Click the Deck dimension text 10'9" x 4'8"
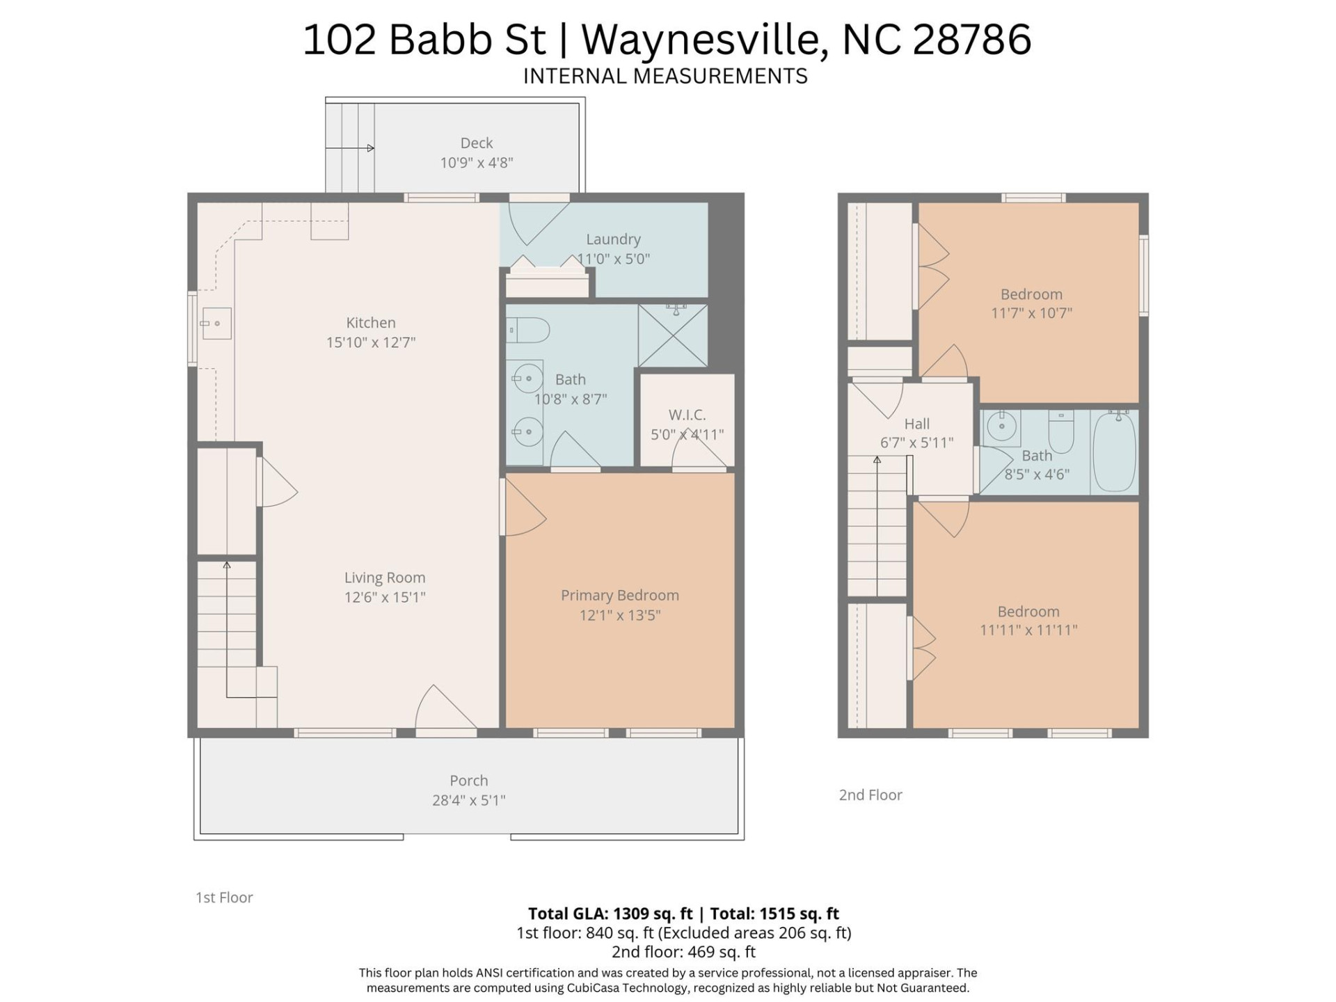[476, 163]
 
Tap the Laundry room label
[612, 239]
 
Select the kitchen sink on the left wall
[216, 324]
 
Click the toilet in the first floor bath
[528, 329]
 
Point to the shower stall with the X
[672, 335]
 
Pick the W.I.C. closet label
[687, 415]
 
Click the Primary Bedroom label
[619, 595]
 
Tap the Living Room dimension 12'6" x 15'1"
[384, 597]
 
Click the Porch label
[468, 781]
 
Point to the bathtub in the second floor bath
[1114, 451]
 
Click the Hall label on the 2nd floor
[916, 424]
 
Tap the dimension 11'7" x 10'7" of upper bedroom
[1031, 313]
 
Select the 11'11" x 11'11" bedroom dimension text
[1028, 630]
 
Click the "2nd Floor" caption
[870, 795]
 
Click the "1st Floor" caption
[224, 898]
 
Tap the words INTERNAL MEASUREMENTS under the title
[665, 76]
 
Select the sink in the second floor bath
[1001, 427]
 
